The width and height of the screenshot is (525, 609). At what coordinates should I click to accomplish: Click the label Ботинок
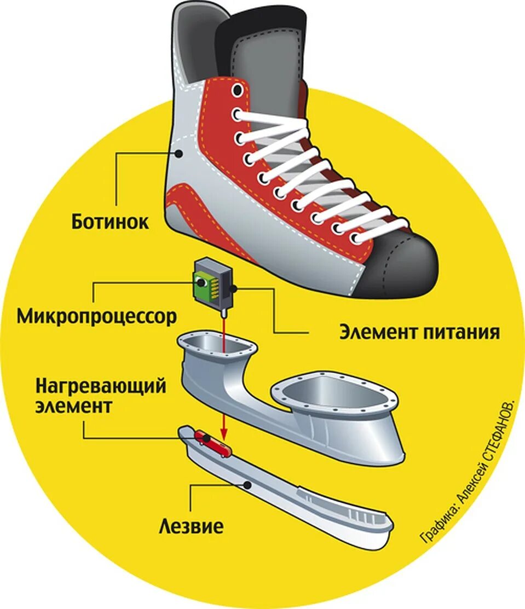[110, 222]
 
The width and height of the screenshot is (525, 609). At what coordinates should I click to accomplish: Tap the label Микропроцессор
[97, 316]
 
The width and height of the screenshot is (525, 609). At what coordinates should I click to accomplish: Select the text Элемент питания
[419, 332]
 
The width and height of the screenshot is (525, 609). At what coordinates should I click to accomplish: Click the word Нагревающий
[101, 387]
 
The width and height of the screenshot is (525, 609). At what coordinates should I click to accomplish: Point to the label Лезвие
[191, 527]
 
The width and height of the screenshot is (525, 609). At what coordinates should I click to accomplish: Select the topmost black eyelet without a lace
[236, 90]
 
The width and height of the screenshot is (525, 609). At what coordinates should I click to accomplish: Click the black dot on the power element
[234, 287]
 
